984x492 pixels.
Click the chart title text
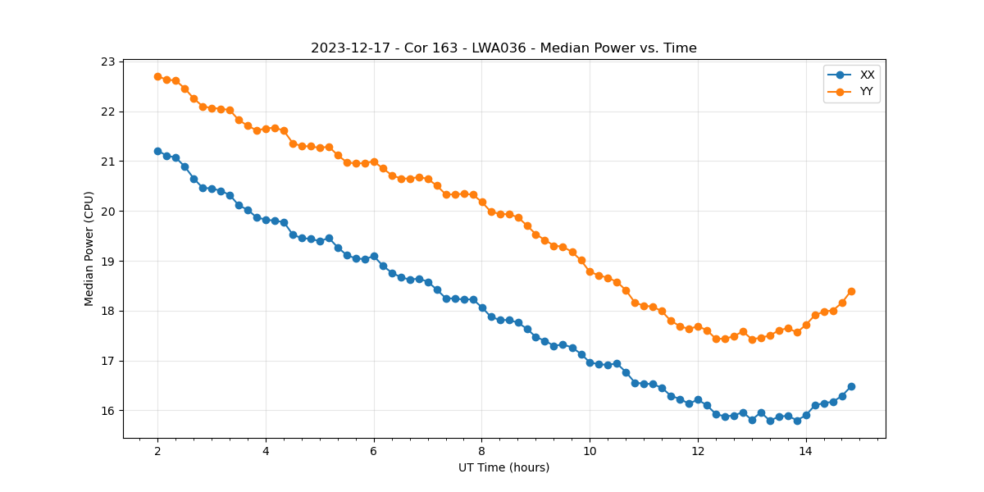[x=503, y=48]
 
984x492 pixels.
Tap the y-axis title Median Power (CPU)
[x=89, y=248]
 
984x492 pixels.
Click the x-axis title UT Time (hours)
[x=503, y=467]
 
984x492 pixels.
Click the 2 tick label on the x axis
[x=157, y=451]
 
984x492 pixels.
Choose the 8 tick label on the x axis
[x=482, y=451]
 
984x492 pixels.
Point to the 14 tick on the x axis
[x=806, y=451]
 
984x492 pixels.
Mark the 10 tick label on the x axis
[x=590, y=451]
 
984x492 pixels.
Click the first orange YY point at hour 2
[x=157, y=76]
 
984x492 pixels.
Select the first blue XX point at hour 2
[x=157, y=151]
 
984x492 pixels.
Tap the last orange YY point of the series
[x=851, y=291]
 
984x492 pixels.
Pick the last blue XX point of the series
[x=851, y=386]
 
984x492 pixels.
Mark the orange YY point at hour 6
[x=374, y=162]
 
